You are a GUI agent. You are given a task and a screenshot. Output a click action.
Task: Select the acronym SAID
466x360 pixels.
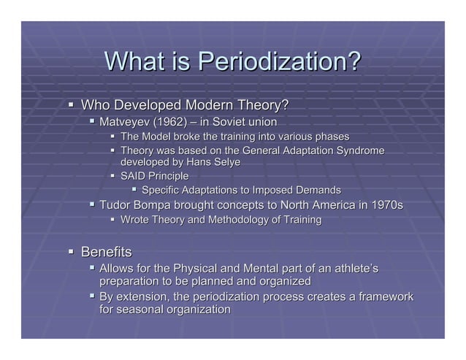tap(134, 176)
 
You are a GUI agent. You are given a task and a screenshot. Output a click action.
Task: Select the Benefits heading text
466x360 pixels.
tap(107, 252)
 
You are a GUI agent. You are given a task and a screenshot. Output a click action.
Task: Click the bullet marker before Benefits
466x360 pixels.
tap(72, 252)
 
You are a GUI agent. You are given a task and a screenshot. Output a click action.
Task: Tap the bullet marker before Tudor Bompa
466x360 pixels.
tap(91, 204)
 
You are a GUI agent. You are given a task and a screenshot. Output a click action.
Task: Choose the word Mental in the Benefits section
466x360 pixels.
tap(250, 268)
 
